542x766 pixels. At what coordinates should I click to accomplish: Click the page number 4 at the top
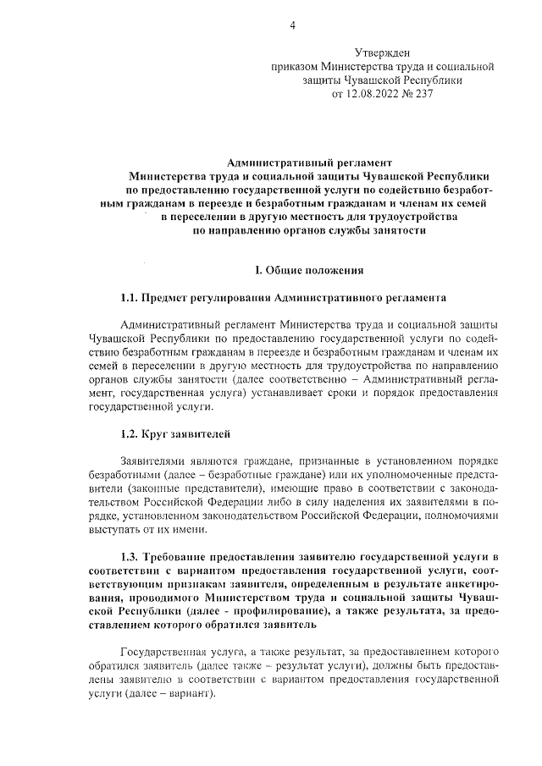tap(292, 25)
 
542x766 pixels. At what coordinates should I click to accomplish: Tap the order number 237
tap(422, 93)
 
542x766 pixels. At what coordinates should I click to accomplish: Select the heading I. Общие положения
tap(310, 270)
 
